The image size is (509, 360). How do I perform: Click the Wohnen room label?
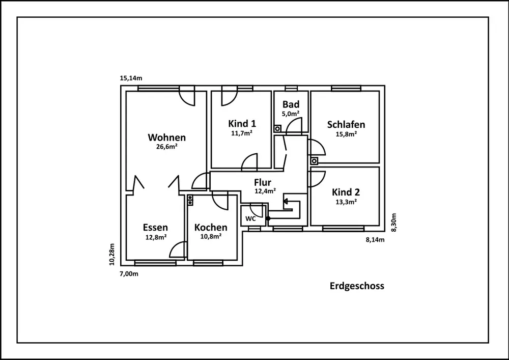tap(166, 137)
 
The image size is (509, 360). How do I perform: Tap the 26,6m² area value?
tap(166, 147)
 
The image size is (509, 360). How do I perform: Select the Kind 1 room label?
tap(242, 124)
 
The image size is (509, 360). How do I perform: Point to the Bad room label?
tap(291, 105)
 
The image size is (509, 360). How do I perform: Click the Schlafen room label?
tap(346, 125)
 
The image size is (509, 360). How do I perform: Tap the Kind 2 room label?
tap(346, 192)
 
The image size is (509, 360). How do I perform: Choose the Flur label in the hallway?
tap(263, 182)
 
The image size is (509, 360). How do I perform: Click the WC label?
tap(250, 218)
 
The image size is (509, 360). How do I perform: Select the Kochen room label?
tap(211, 227)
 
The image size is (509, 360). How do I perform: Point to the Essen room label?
tap(155, 228)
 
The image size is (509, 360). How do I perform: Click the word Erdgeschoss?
tap(357, 286)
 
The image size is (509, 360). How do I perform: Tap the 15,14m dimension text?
tap(131, 78)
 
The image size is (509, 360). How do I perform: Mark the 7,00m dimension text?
tap(128, 273)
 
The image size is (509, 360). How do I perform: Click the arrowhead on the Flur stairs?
tap(286, 202)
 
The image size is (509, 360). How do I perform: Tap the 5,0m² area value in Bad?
tap(291, 114)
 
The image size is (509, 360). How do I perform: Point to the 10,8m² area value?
tap(211, 236)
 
